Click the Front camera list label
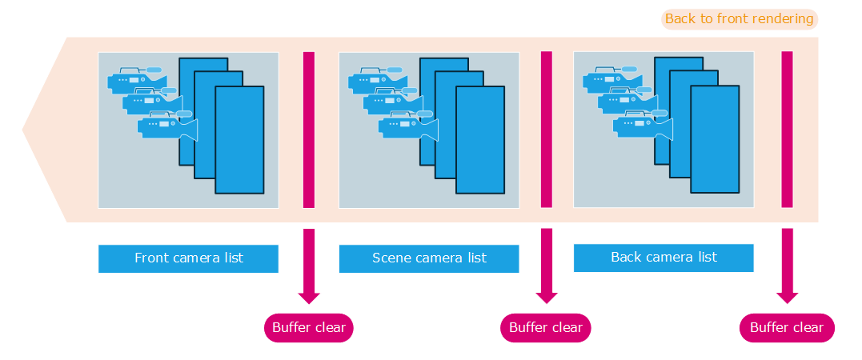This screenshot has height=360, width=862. (188, 258)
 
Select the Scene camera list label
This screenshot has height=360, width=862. (429, 258)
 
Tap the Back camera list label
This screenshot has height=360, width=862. (664, 258)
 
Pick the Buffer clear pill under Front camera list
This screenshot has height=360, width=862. (309, 327)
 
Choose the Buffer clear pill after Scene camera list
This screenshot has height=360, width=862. (546, 327)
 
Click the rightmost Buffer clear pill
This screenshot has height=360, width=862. (787, 327)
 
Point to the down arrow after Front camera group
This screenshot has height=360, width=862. (309, 268)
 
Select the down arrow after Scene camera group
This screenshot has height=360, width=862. (547, 268)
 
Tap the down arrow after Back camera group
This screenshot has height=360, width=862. (788, 268)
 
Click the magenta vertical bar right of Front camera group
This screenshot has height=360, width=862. (309, 130)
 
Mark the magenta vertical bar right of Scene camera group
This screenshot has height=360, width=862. (547, 130)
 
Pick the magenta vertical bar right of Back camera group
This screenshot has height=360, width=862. (788, 130)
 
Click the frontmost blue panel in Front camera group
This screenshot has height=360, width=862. (239, 140)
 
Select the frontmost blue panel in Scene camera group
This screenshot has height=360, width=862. (480, 140)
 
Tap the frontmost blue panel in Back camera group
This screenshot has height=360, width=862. (715, 139)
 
